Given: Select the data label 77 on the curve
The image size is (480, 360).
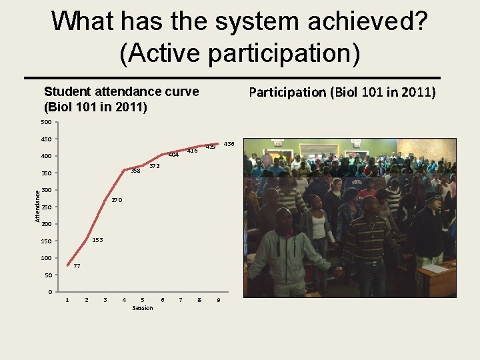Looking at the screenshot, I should click(x=77, y=267).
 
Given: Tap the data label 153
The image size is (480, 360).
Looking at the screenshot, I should click(x=97, y=239).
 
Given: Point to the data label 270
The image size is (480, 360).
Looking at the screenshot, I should click(x=117, y=200).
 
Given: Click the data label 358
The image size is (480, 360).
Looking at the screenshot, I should click(x=135, y=171).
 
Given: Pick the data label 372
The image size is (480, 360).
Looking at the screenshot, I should click(x=155, y=165).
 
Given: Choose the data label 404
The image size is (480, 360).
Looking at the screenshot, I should click(x=173, y=155).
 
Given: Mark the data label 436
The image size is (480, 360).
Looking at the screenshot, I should click(x=229, y=144).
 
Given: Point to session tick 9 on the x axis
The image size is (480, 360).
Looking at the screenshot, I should click(x=219, y=300).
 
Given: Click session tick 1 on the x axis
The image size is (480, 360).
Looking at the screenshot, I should click(x=67, y=300).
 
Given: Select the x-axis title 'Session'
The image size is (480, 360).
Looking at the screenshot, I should click(x=143, y=308).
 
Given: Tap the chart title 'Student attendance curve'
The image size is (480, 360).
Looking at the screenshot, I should click(x=121, y=92).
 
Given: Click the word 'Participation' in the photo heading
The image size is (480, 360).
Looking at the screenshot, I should click(x=287, y=92).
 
